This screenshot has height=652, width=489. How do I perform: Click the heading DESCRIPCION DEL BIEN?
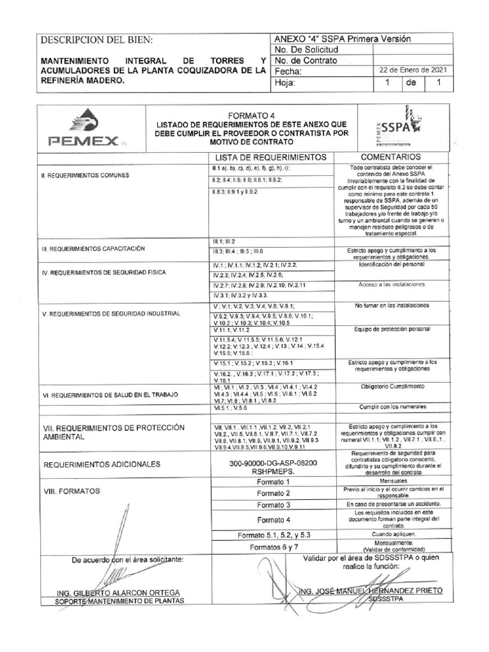[97, 40]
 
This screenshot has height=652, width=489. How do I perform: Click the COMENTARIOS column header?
[391, 157]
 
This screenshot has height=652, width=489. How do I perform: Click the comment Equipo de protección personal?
[391, 329]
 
